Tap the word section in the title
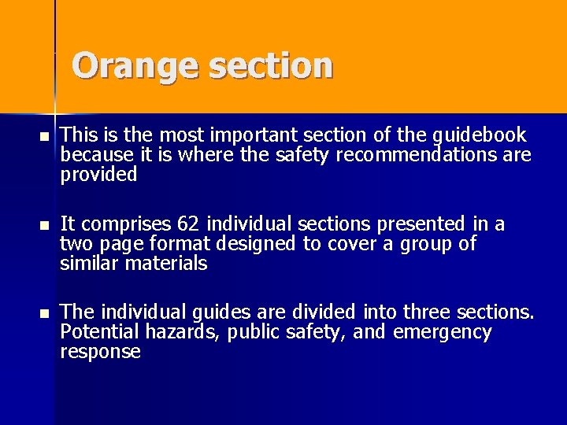[x=272, y=66]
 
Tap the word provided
[x=98, y=174]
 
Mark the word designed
[x=260, y=244]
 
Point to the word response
[x=99, y=353]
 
